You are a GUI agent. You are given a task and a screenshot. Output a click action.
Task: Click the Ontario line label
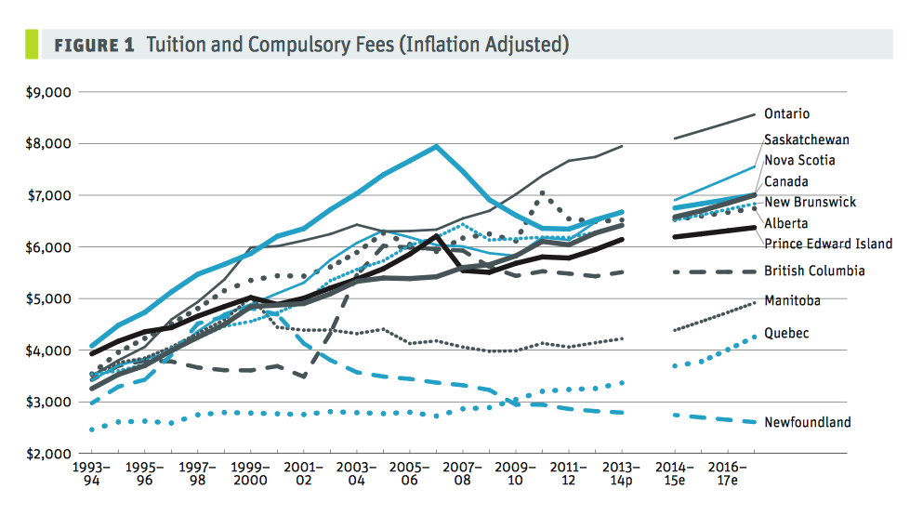click(x=786, y=114)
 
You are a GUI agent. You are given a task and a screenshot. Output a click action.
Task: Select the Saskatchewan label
click(x=806, y=140)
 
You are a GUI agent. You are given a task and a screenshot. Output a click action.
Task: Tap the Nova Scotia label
click(x=799, y=161)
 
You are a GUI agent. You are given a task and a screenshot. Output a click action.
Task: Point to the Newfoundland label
click(x=807, y=423)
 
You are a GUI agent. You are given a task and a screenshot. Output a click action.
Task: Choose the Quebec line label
click(x=785, y=333)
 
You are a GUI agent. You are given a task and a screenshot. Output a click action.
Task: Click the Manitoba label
click(x=792, y=301)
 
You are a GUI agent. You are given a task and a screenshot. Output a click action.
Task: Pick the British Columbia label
click(x=814, y=271)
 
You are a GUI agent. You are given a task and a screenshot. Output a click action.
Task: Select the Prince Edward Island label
click(x=828, y=245)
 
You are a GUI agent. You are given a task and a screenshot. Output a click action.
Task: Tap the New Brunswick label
click(x=810, y=203)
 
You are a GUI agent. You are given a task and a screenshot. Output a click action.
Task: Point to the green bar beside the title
click(x=33, y=45)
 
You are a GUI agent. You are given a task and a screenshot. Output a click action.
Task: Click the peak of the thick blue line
click(x=435, y=146)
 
